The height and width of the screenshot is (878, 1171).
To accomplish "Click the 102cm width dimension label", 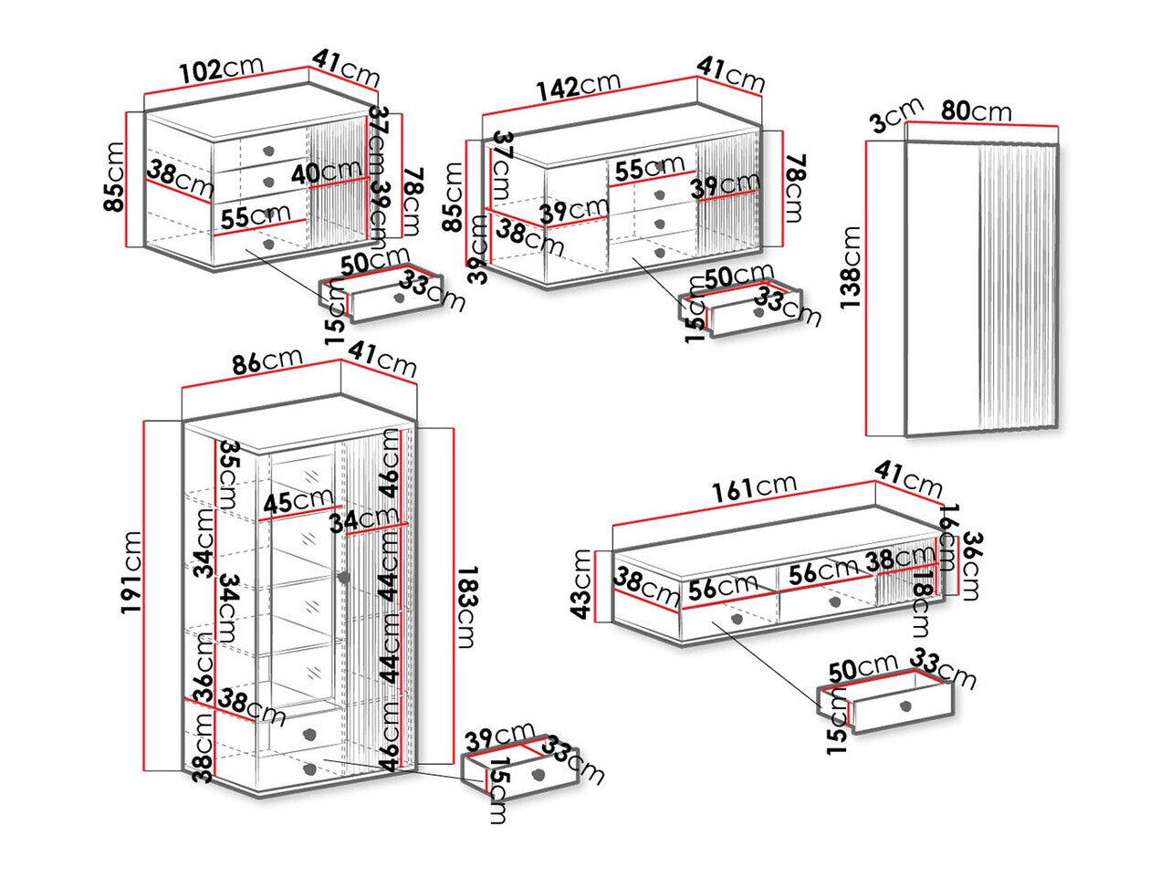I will point(222,69).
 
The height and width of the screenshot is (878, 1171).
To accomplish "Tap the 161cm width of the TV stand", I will point(755,488).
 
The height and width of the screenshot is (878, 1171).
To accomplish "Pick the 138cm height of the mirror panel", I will point(851,270).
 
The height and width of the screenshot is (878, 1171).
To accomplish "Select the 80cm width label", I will point(976,111).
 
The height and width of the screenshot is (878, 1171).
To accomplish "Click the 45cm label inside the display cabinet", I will point(298,501).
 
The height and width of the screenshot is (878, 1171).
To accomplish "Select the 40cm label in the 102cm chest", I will point(327,172).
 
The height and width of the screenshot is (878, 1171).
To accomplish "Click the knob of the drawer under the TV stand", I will point(905,706).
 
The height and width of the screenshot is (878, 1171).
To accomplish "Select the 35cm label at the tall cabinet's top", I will point(231,467).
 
